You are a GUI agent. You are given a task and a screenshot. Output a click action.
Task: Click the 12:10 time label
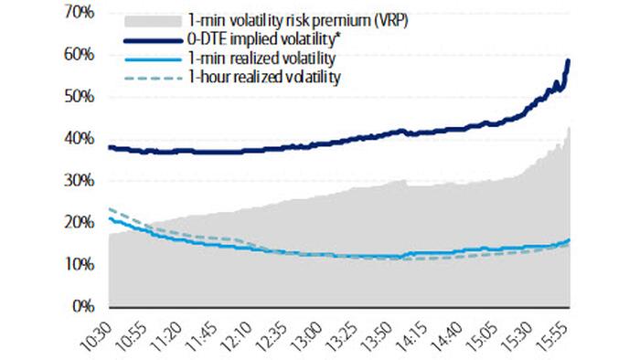[243, 334]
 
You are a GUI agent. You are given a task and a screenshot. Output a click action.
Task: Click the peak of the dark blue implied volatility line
[569, 61]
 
